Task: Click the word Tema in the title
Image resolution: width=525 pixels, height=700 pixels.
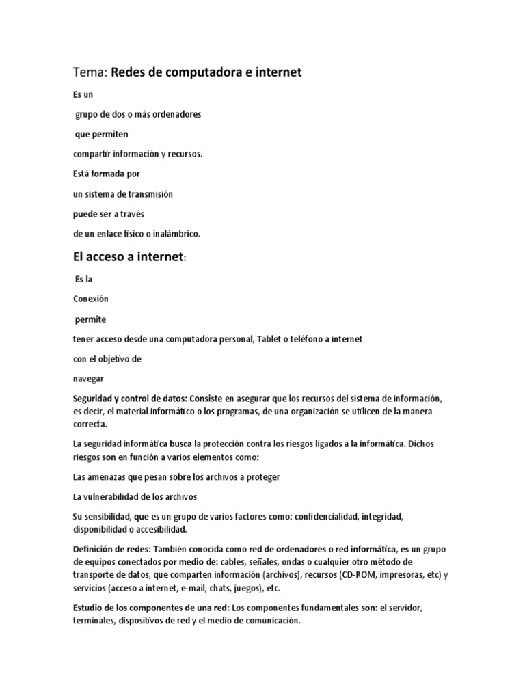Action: pos(90,72)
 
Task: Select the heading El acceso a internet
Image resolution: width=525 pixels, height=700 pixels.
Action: pos(129,257)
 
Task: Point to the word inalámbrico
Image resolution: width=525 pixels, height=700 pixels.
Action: pos(176,234)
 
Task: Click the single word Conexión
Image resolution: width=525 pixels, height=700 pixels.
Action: pos(91,299)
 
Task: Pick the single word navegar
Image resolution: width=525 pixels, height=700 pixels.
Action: pos(89,379)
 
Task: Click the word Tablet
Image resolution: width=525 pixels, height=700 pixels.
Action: pos(270,339)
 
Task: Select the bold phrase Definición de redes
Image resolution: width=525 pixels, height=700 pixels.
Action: pos(112,550)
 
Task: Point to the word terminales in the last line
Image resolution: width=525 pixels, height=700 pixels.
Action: pos(94,621)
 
